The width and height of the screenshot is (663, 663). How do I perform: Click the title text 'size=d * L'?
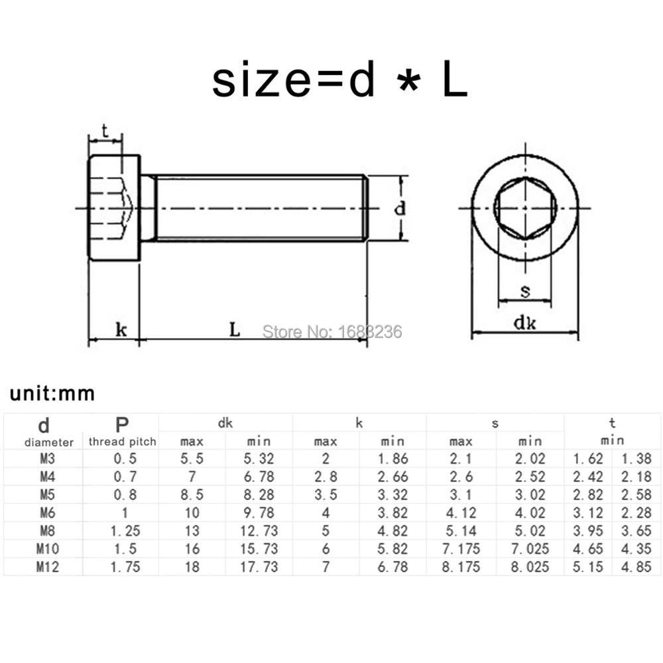pyautogui.click(x=339, y=81)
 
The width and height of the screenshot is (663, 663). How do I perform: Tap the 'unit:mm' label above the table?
pyautogui.click(x=52, y=394)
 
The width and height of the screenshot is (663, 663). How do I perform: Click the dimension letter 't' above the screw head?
pyautogui.click(x=105, y=130)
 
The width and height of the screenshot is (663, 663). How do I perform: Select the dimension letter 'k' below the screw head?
pyautogui.click(x=121, y=330)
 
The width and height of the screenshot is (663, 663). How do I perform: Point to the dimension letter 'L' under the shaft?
pyautogui.click(x=235, y=330)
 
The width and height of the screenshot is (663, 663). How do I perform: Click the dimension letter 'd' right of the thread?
pyautogui.click(x=400, y=209)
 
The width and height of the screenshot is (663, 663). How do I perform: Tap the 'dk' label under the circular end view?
pyautogui.click(x=524, y=324)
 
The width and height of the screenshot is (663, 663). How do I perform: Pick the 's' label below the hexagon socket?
pyautogui.click(x=525, y=291)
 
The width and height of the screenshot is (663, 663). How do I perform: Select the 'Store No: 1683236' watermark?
pyautogui.click(x=332, y=331)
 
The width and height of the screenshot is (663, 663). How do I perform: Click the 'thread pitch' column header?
pyautogui.click(x=123, y=442)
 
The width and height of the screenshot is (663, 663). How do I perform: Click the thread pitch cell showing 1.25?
pyautogui.click(x=123, y=531)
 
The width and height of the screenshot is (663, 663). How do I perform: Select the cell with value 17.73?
pyautogui.click(x=259, y=567)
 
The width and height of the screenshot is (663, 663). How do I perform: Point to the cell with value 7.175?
pyautogui.click(x=461, y=549)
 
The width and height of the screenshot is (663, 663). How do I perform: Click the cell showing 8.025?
pyautogui.click(x=530, y=567)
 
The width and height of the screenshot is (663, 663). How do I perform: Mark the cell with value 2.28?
pyautogui.click(x=636, y=512)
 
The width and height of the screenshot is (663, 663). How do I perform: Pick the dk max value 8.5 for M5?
pyautogui.click(x=192, y=495)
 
